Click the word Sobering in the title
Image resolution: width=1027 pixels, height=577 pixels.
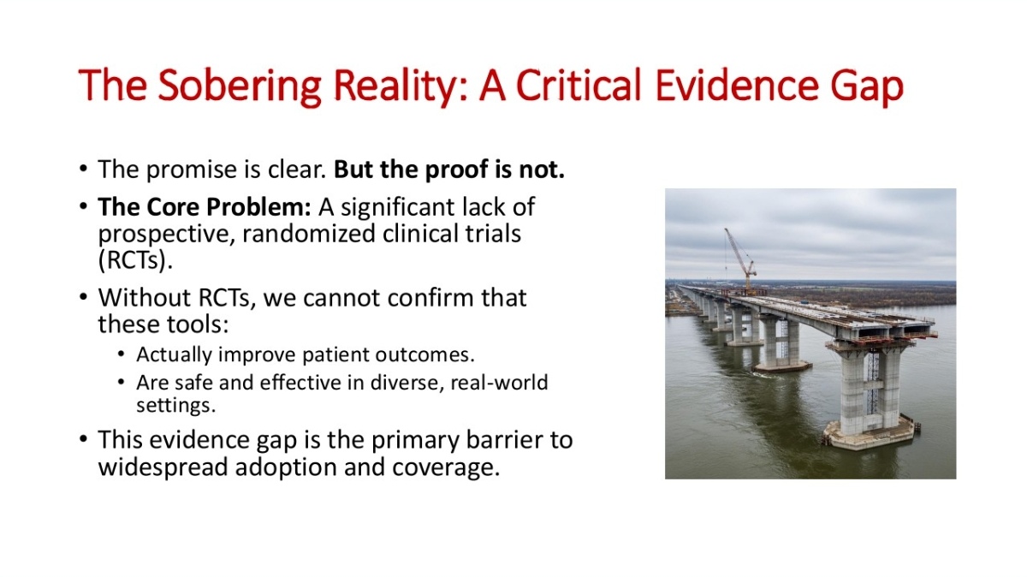[x=239, y=86]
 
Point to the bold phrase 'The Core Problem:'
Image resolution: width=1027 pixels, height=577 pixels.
[x=205, y=207]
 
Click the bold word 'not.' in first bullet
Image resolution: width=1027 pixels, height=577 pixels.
[x=542, y=170]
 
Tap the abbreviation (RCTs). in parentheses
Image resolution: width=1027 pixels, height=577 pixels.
[x=135, y=260]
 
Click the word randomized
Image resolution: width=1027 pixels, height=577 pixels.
[x=309, y=234]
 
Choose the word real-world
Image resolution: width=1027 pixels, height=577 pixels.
[x=499, y=382]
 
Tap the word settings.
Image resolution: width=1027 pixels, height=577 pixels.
[x=175, y=406]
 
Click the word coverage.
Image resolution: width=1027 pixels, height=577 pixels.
[x=446, y=467]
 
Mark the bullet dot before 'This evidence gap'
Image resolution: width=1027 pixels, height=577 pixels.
[x=83, y=439]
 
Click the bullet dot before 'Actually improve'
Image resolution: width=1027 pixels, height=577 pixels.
[x=121, y=354]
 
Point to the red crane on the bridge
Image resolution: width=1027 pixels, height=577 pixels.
[x=741, y=259]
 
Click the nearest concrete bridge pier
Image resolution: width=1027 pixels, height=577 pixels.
[x=870, y=395]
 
